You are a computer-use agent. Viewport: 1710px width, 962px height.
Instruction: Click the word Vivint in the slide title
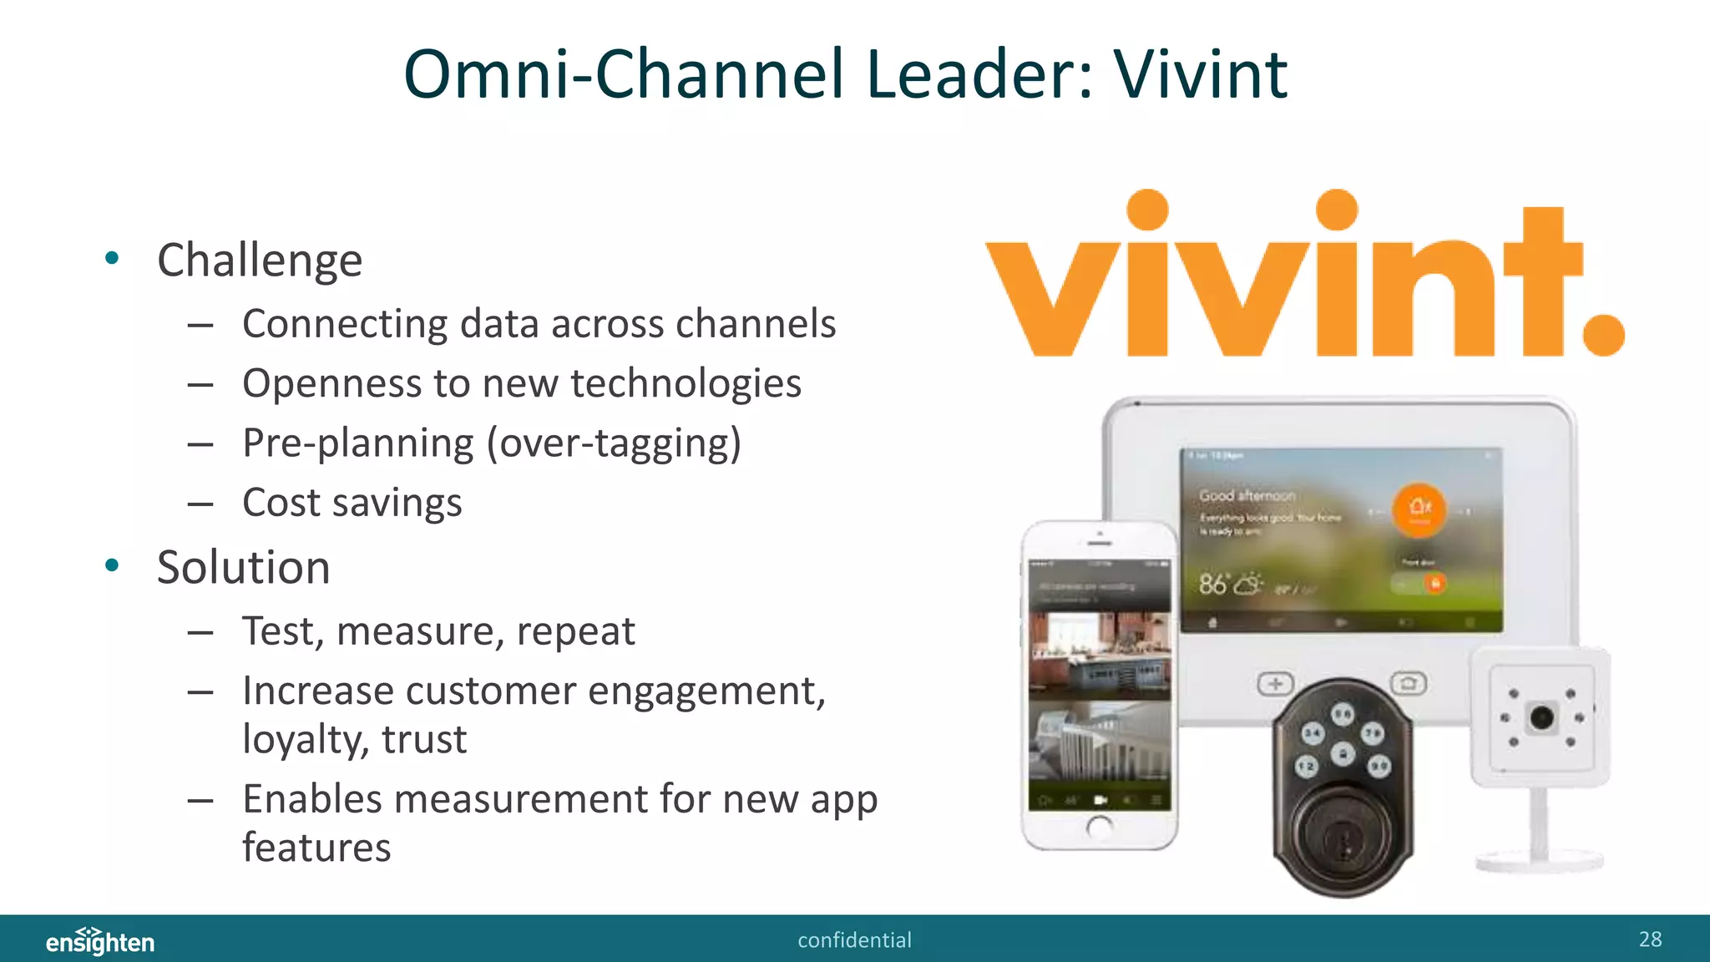coord(1200,74)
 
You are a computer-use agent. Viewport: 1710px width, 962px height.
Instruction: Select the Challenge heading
coord(260,261)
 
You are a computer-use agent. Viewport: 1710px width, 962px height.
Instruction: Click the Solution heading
coord(244,568)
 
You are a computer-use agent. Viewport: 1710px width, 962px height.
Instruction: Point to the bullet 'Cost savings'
coord(352,503)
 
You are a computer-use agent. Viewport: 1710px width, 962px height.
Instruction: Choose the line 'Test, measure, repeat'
coord(438,631)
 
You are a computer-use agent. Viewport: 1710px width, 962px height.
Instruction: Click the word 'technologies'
coord(686,384)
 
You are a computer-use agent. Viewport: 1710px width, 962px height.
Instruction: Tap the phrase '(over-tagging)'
coord(614,443)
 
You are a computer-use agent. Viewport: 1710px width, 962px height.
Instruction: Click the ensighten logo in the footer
coord(100,941)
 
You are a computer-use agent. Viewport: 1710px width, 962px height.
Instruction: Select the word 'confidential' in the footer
coord(854,940)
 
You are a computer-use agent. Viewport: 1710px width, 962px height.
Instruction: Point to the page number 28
coord(1650,939)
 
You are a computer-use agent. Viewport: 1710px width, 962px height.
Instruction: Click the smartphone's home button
coord(1100,827)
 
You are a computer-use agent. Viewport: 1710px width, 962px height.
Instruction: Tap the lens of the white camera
coord(1541,716)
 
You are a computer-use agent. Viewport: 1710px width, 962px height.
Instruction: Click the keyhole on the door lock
coord(1343,839)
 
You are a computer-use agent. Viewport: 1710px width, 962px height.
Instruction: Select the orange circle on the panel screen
coord(1419,509)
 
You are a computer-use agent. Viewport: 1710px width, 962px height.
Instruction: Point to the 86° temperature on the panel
coord(1214,584)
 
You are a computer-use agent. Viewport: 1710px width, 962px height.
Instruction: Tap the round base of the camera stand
coord(1539,861)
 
